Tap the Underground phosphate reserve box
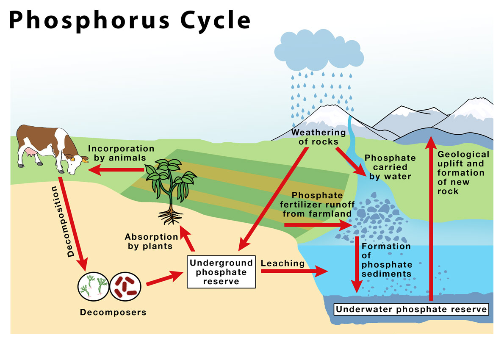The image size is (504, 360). (x=222, y=272)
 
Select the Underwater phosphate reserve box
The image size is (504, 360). (x=411, y=309)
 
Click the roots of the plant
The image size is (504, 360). (x=171, y=216)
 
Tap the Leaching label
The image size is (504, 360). (x=282, y=263)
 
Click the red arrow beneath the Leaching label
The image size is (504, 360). (x=294, y=271)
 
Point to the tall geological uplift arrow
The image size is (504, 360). (x=431, y=219)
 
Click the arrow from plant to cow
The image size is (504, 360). (x=116, y=170)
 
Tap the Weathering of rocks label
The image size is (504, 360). (x=318, y=137)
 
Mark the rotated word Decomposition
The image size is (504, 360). (x=62, y=222)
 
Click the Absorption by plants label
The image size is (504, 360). (x=151, y=241)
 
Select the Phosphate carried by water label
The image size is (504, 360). (x=390, y=167)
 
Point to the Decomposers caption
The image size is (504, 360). (x=113, y=312)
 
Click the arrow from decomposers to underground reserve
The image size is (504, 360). (x=165, y=278)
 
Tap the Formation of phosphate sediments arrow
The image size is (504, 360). (x=357, y=265)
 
